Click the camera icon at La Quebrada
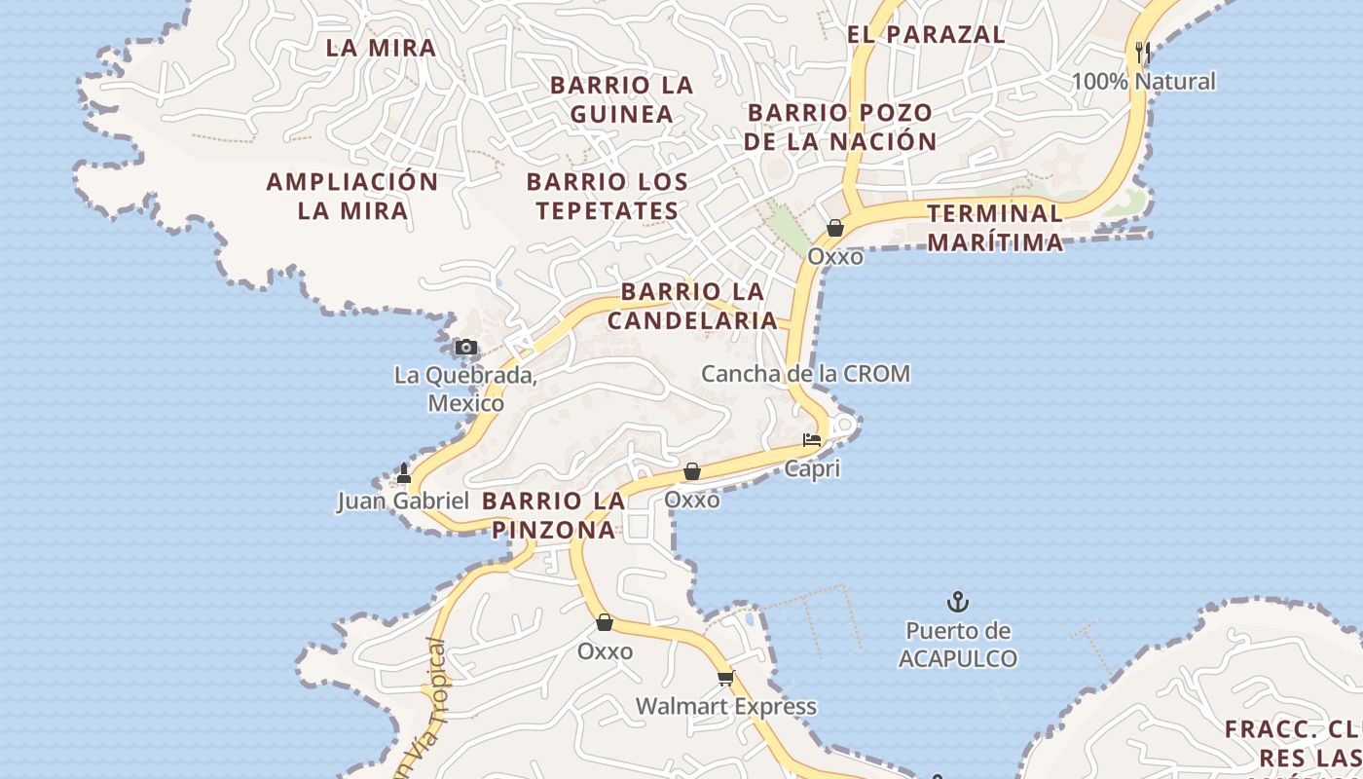point(466,348)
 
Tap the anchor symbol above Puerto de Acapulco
point(958,602)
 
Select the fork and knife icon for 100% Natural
point(1143,52)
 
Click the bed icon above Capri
point(812,440)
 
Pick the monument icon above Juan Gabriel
point(404,473)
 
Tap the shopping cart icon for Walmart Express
point(725,678)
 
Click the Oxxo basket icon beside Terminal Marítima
point(835,229)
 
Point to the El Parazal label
point(926,34)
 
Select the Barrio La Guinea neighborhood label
point(622,99)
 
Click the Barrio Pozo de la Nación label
point(840,127)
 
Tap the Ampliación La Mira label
point(352,196)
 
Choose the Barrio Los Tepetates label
point(608,196)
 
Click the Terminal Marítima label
point(995,227)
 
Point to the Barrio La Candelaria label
point(692,306)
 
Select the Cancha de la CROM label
point(806,374)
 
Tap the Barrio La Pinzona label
point(553,515)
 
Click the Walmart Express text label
point(726,706)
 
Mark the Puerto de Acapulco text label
point(958,645)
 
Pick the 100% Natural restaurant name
point(1144,82)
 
